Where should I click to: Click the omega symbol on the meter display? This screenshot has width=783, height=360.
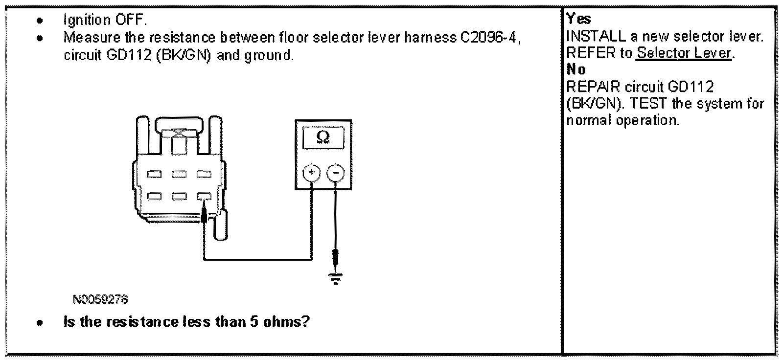pos(323,137)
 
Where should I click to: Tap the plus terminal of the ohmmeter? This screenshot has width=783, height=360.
pos(312,172)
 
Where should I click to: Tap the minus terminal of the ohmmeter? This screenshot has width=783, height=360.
pos(335,172)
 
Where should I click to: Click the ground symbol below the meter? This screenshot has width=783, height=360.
pos(335,279)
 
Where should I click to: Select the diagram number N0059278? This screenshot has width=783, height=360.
pos(100,299)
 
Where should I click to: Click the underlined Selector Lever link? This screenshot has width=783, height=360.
pos(684,53)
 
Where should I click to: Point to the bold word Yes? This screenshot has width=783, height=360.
pos(578,19)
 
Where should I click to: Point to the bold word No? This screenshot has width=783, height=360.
pos(576,69)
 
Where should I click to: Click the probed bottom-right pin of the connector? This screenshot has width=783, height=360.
pos(204,196)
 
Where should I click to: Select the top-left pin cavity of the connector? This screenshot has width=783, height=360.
pos(155,174)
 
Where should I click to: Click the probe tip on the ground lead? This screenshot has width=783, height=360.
pos(335,256)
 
